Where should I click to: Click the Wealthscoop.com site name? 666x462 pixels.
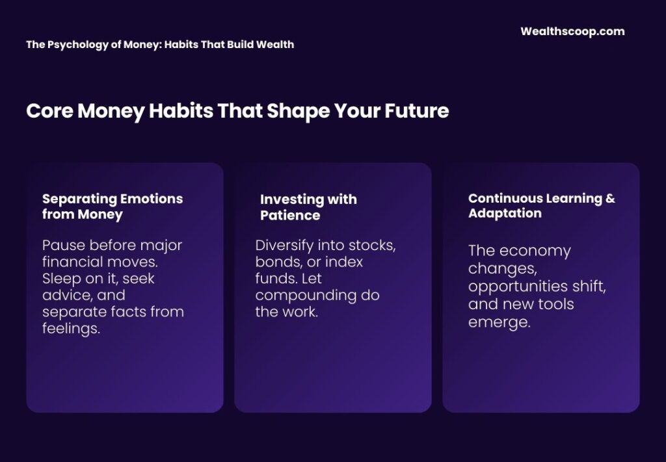572,31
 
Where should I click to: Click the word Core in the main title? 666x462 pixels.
49,111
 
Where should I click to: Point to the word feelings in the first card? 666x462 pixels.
71,329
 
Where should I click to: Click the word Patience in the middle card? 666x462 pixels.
290,215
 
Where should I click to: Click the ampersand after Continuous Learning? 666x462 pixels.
609,198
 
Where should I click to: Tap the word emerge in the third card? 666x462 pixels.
499,321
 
